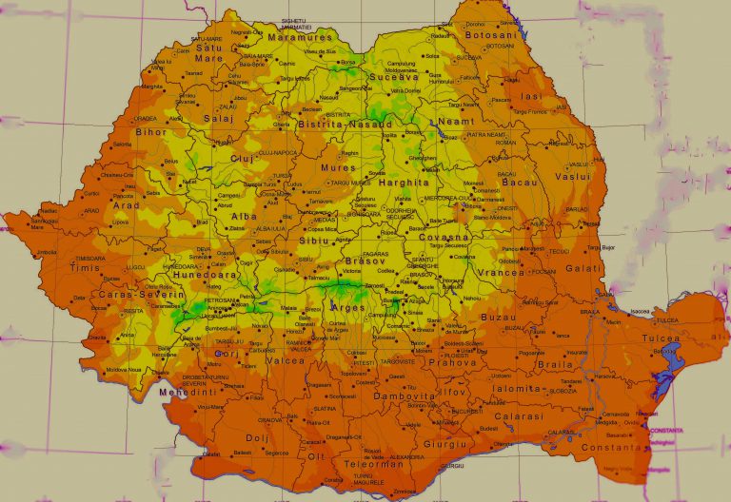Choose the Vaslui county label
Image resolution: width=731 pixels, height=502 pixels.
[572, 176]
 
